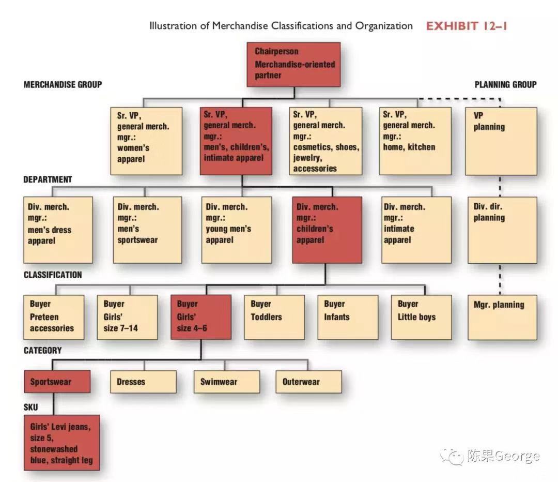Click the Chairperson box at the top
coord(295,64)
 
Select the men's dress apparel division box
coord(58,229)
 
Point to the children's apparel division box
coord(327,229)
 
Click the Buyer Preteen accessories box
coord(54,317)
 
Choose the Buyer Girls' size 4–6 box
coord(200,317)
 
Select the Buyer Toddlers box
coord(274,317)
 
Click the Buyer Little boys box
coord(421,317)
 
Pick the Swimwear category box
coord(226,382)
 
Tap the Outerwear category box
coord(308,382)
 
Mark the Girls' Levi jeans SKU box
coord(61,442)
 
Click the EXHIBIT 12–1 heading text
coord(466,26)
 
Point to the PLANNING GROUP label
coord(505,84)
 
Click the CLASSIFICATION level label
coord(53,275)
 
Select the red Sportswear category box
coord(57,382)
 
